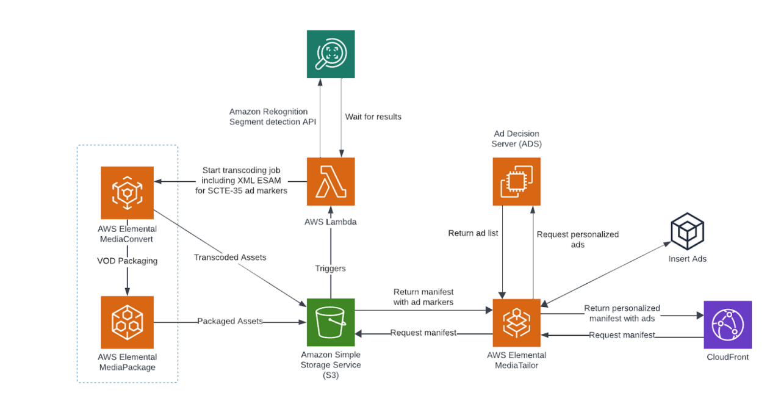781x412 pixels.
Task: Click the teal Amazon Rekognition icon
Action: (330, 54)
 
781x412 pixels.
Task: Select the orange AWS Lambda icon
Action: (330, 181)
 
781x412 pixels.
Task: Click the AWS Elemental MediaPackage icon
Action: (127, 320)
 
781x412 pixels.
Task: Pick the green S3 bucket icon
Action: (330, 322)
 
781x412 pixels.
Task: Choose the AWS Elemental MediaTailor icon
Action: (517, 322)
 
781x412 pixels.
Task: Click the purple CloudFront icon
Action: (727, 324)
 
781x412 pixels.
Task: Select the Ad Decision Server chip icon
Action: (517, 181)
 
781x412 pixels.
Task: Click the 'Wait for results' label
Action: (373, 117)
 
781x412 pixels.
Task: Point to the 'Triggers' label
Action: (330, 268)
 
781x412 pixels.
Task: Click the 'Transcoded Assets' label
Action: (230, 257)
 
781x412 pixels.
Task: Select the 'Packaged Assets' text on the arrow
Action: (230, 321)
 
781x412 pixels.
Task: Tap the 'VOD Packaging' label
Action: (127, 261)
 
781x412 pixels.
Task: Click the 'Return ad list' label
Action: (473, 233)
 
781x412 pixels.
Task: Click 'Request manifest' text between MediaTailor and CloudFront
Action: (622, 334)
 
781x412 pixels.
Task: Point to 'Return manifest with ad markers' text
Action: (423, 297)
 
